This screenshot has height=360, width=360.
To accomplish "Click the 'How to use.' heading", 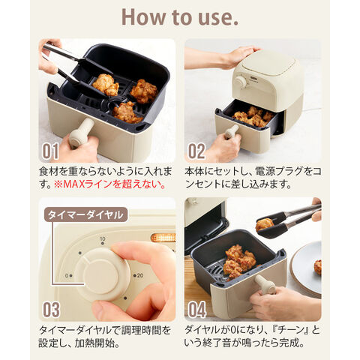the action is pyautogui.click(x=180, y=17).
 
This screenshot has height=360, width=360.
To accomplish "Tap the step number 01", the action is pyautogui.click(x=50, y=151).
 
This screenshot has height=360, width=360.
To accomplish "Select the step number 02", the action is pyautogui.click(x=196, y=151).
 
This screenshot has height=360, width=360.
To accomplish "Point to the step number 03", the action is pyautogui.click(x=51, y=310).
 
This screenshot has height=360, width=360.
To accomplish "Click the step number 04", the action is pyautogui.click(x=196, y=310).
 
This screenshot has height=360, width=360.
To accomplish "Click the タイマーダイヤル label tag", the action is pyautogui.click(x=85, y=214).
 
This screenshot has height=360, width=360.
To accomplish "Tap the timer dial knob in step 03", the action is pyautogui.click(x=103, y=274).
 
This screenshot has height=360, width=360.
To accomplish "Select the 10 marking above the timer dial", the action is pyautogui.click(x=103, y=239).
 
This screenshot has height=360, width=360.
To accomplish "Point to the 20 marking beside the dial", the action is pyautogui.click(x=139, y=275).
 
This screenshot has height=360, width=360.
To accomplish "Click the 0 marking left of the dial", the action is pyautogui.click(x=67, y=275).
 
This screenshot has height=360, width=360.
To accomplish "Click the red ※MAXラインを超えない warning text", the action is pyautogui.click(x=110, y=184).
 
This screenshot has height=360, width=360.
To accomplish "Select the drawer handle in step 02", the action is pyautogui.click(x=232, y=132).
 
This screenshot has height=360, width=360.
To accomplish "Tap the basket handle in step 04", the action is pyautogui.click(x=265, y=285).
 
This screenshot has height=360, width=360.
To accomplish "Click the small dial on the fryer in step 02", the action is pyautogui.click(x=241, y=82).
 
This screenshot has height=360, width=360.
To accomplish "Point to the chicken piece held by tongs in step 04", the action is pyautogui.click(x=265, y=224).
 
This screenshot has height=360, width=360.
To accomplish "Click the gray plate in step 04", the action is pyautogui.click(x=306, y=268).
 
